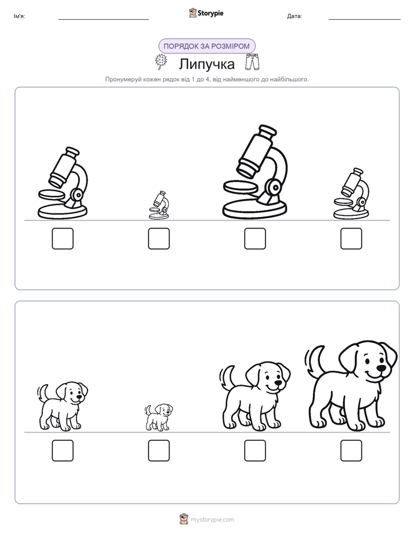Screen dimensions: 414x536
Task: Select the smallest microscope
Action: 159,205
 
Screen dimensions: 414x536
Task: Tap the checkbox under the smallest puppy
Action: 159,451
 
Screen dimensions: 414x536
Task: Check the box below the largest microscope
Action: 255,238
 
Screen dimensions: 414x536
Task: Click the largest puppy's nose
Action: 381,368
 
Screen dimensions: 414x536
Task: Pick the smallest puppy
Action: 158,417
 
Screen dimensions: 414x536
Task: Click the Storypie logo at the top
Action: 206,13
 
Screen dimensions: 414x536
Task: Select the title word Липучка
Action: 206,64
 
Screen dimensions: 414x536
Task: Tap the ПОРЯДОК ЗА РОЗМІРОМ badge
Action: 206,46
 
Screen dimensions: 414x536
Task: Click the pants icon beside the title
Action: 252,61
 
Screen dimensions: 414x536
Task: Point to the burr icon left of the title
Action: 161,62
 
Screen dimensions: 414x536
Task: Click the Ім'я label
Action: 19,16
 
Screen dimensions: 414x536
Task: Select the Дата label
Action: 295,16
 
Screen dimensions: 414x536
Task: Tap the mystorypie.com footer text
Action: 212,520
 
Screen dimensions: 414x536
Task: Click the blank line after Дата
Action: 365,19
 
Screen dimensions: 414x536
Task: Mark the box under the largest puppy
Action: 351,451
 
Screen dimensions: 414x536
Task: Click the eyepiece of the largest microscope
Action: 267,131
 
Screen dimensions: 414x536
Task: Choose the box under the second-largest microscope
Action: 63,238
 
